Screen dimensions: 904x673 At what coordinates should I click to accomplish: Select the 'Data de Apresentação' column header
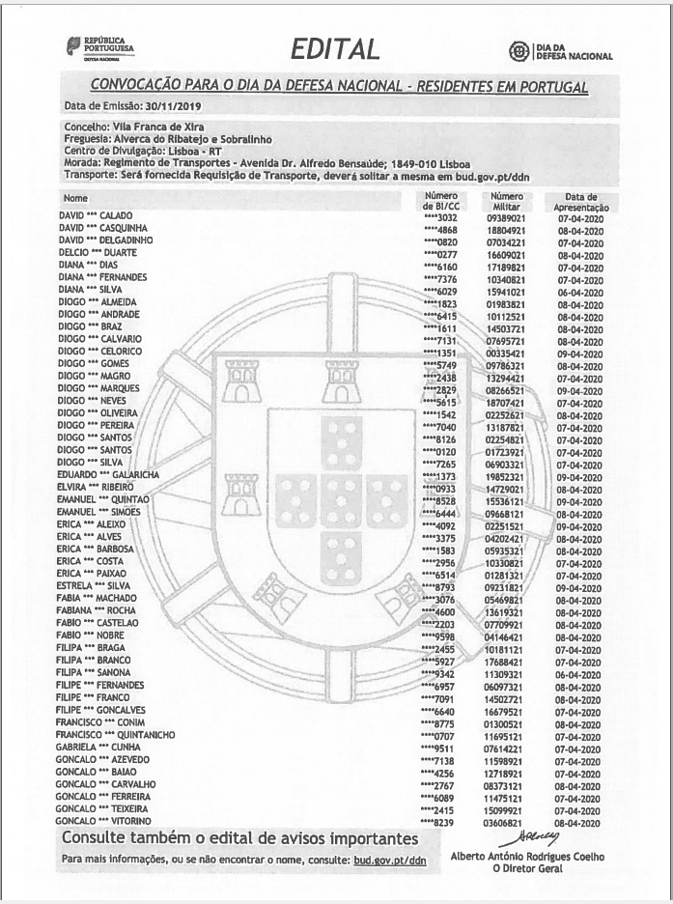click(580, 202)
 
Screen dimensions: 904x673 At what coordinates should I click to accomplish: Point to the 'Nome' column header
click(75, 198)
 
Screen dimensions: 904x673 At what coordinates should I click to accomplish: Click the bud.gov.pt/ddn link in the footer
click(389, 859)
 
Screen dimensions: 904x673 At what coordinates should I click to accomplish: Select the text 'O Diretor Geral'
click(526, 867)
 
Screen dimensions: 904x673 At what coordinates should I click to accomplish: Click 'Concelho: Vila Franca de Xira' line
click(128, 127)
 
